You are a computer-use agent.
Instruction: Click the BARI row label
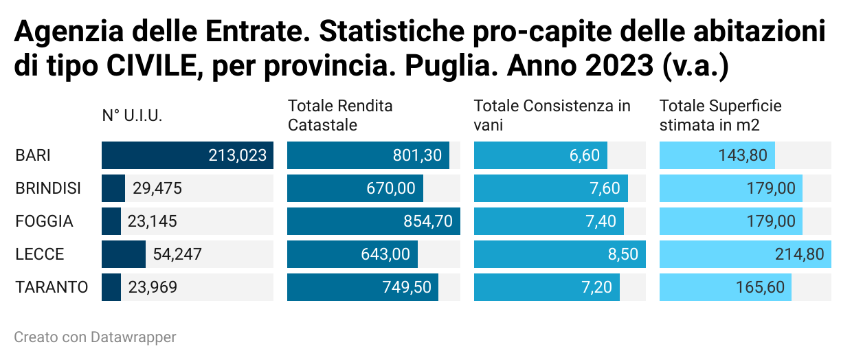pos(33,155)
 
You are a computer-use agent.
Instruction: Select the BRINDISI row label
pos(48,188)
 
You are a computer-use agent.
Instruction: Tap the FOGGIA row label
pos(44,221)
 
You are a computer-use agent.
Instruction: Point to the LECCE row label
pos(39,254)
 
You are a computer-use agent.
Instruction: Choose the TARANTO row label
pos(52,287)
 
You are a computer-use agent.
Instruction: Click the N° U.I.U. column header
pos(132,116)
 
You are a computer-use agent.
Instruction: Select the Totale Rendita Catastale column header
pos(340,115)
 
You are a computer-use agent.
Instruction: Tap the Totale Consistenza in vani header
pos(552,115)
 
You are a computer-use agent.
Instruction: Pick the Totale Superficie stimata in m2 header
pos(720,115)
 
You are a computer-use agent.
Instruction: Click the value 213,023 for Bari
pos(237,155)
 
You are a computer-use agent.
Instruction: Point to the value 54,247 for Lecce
pos(177,254)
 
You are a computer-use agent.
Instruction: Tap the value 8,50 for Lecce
pos(622,254)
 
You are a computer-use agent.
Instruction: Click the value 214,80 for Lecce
pos(798,254)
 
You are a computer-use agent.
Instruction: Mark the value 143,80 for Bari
pos(742,155)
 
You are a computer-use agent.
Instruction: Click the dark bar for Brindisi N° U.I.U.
pos(113,188)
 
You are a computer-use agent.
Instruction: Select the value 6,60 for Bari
pos(584,155)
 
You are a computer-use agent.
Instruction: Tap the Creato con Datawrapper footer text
pos(95,337)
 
